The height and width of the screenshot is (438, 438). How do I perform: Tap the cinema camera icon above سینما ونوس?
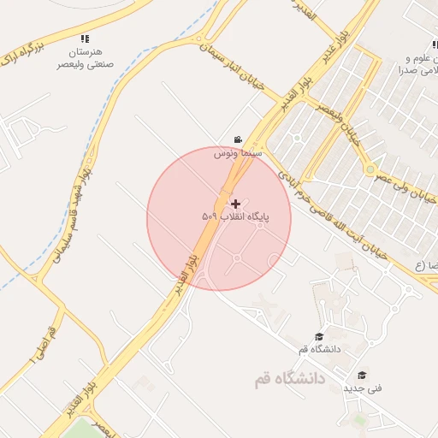237,139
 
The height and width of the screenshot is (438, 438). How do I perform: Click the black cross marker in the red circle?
236,204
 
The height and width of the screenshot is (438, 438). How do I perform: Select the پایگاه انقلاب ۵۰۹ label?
235,217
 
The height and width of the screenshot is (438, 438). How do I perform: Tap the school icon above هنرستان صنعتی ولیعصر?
84,39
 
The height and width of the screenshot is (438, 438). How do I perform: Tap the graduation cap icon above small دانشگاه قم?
319,337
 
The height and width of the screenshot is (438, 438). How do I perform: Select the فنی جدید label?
363,388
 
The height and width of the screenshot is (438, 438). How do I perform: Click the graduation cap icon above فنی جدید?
362,375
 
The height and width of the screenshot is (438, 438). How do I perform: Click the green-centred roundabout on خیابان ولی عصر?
370,169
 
